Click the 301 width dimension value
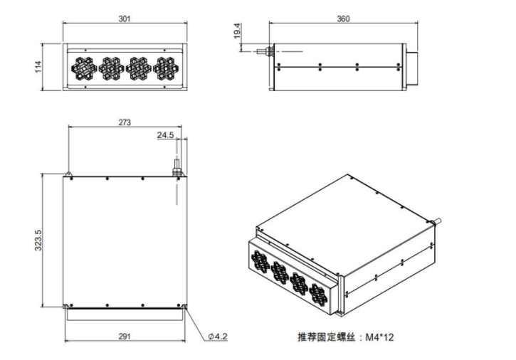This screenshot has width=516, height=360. pos(124,18)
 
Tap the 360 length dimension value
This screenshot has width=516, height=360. pos(342,18)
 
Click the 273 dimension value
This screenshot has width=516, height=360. pos(124,122)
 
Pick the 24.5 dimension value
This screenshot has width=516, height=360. pos(165,135)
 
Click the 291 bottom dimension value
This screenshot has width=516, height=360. pos(125,336)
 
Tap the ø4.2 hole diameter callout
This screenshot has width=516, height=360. pos(217,336)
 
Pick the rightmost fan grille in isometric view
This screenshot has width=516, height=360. pos(320,287)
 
